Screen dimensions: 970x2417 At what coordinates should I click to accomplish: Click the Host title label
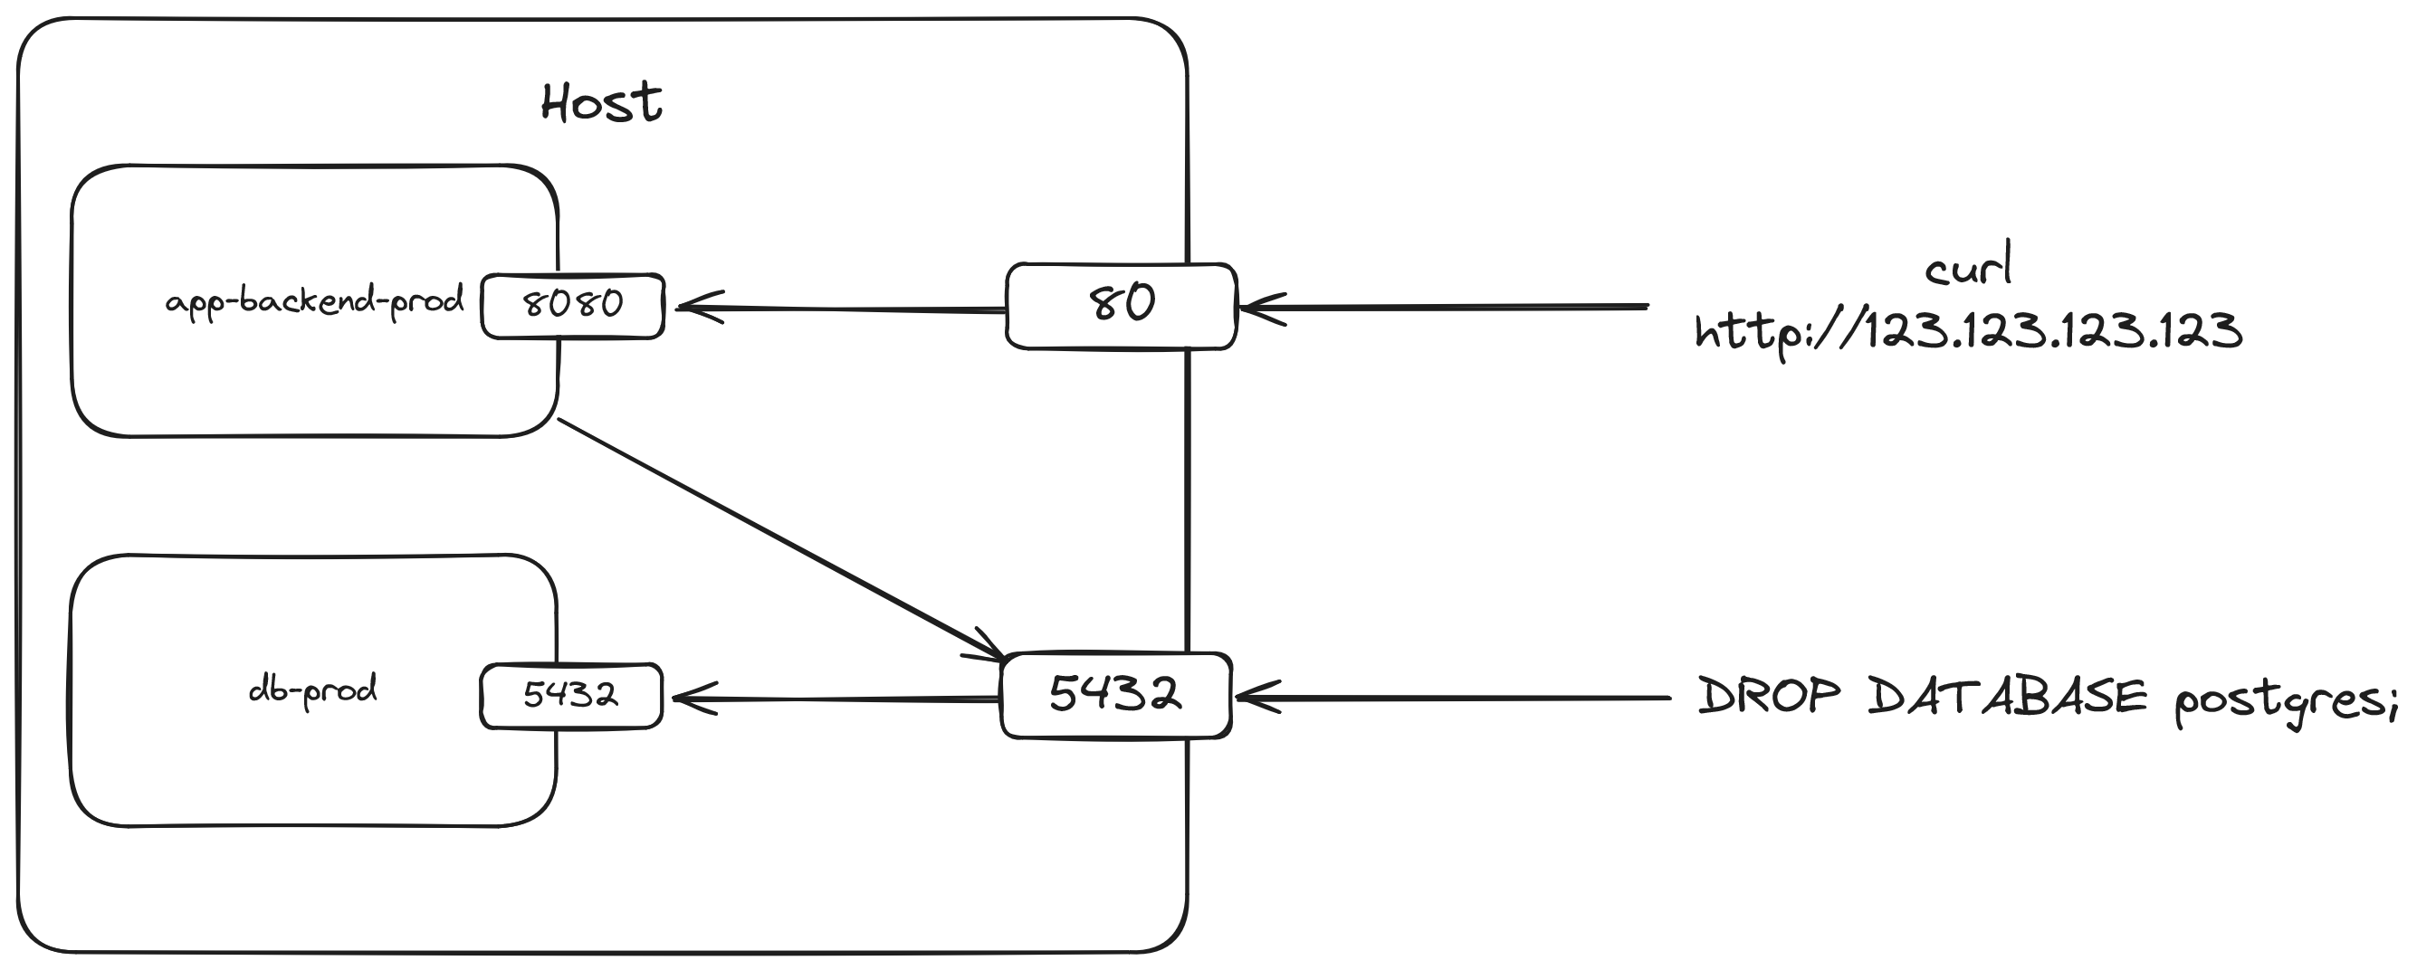(x=601, y=102)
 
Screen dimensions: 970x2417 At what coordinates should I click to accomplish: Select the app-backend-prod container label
(x=314, y=302)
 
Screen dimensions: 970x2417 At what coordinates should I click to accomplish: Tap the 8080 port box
(x=572, y=305)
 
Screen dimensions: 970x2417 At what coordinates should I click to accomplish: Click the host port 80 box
(x=1122, y=306)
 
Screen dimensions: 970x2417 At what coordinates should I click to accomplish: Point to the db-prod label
(x=312, y=690)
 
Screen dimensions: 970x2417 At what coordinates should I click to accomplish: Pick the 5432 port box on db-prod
(x=571, y=695)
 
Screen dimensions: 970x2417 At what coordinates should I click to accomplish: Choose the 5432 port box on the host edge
(x=1115, y=695)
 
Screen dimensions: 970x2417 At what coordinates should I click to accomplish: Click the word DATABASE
(x=2007, y=696)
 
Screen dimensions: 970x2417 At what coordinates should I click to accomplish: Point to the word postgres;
(x=2286, y=700)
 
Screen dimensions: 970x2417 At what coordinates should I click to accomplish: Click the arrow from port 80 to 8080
(x=845, y=309)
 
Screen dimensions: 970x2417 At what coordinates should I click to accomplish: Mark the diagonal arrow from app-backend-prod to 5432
(x=779, y=537)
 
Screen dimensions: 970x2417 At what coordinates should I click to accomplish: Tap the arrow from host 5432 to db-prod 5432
(x=835, y=699)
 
